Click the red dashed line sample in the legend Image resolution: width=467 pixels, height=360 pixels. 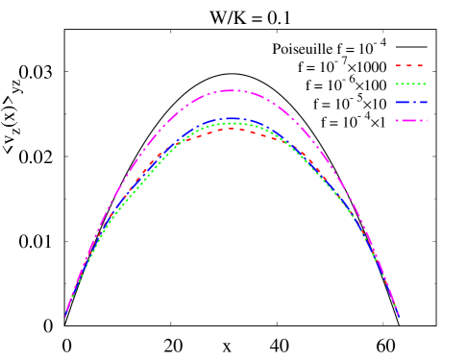[x=409, y=65]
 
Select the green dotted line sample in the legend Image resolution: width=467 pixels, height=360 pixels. [x=410, y=84]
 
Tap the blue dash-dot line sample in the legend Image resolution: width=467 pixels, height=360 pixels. [x=410, y=102]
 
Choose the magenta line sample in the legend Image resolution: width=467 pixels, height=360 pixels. [x=410, y=120]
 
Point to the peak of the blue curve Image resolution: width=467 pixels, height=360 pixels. [x=232, y=118]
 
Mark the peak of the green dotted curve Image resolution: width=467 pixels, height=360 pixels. [x=232, y=123]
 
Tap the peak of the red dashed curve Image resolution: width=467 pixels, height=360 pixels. [x=232, y=129]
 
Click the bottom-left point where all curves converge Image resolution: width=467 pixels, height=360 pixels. [x=65, y=315]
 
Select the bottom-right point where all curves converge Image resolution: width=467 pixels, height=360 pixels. [x=398, y=315]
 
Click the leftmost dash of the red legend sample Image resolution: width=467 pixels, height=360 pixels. [x=398, y=65]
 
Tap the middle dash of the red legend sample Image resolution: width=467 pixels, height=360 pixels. [x=409, y=65]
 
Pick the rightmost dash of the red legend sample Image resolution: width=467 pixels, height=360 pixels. [x=420, y=65]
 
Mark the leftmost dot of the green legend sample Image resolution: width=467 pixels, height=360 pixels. [x=397, y=84]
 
